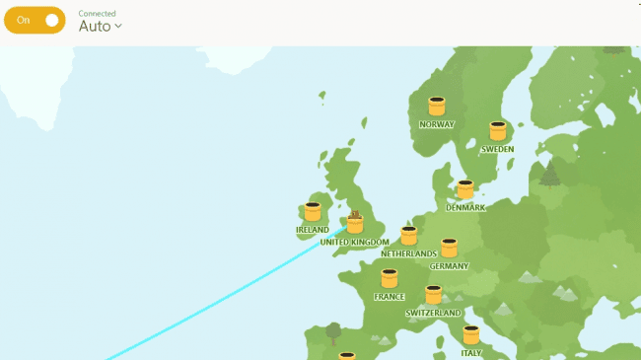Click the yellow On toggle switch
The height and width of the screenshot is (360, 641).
tap(35, 21)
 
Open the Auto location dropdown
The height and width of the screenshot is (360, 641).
tap(101, 27)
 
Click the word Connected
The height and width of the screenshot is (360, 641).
tap(97, 14)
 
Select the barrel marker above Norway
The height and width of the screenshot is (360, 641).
tap(437, 107)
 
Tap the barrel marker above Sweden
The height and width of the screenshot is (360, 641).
tap(498, 131)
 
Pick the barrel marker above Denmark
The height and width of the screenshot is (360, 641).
tap(465, 189)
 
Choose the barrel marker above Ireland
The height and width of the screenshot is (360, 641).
tap(313, 212)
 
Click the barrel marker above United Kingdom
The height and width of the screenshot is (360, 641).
tap(355, 224)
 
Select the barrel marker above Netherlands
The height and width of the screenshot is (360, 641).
tap(408, 236)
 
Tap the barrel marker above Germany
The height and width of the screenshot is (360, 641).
tap(449, 248)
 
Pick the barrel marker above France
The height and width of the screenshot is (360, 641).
tap(390, 279)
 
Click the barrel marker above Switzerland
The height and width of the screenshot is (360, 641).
tap(433, 295)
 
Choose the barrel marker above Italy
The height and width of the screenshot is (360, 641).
tap(471, 335)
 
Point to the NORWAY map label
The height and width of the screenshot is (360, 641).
tap(437, 125)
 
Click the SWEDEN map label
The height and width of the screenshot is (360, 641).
tap(498, 150)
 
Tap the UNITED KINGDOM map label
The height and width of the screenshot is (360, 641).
tap(355, 243)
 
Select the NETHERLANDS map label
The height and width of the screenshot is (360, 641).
tap(408, 254)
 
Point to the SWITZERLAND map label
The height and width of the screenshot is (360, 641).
tap(433, 314)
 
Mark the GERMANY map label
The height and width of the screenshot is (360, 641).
tap(449, 266)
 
